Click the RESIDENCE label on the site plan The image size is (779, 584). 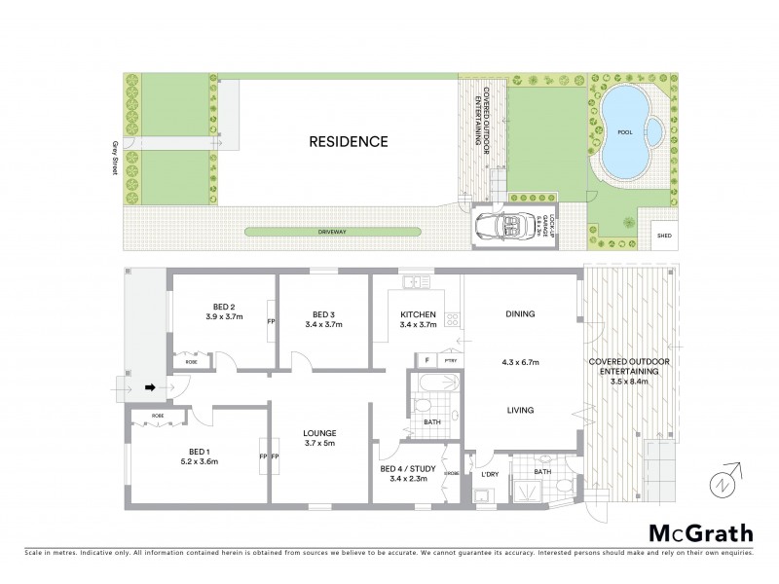(349, 141)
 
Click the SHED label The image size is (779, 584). (665, 236)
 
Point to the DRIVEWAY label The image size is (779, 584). (333, 232)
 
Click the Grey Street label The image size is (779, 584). (114, 156)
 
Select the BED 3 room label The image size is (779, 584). (324, 313)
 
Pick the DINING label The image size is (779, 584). (521, 313)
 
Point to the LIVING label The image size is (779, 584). (520, 411)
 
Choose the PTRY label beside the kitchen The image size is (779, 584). (449, 360)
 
